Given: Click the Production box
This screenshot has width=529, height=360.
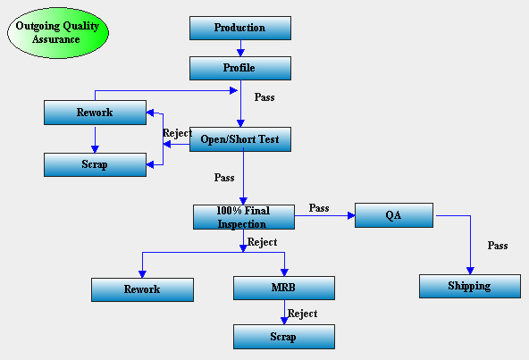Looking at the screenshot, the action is pos(240,28).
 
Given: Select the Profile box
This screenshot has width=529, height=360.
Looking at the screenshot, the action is pos(240,68).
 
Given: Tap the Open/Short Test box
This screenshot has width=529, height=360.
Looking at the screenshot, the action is pos(240,139).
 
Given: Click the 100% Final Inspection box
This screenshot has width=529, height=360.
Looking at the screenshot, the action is pos(244,217).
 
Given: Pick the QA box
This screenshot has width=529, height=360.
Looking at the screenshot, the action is pos(394,215).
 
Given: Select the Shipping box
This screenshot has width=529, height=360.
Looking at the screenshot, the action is pos(470,286).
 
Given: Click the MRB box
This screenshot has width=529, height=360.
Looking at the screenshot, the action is pos(284,288).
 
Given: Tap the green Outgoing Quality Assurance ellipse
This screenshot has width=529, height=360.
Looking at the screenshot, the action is pos(58,33).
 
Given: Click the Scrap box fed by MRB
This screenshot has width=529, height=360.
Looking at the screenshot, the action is pos(284,337).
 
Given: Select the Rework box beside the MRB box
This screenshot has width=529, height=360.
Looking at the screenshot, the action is pos(142,289).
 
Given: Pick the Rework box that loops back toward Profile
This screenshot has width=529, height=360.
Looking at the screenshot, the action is pos(95,113).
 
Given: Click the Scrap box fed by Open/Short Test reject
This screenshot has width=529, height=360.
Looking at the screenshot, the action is pos(95,164).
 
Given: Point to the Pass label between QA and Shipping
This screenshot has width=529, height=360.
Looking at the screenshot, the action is pos(498,246).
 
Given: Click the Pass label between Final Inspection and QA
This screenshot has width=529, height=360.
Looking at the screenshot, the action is pos(319,208).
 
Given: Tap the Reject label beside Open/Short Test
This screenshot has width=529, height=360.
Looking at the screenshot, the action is pos(178,133).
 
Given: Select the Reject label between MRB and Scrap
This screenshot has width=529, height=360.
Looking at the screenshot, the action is pos(302,314).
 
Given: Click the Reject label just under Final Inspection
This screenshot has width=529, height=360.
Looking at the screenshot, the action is pos(262,242).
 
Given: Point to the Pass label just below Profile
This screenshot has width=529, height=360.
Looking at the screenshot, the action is pos(264,97).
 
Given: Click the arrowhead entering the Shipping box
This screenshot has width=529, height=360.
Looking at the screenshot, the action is pos(470,271).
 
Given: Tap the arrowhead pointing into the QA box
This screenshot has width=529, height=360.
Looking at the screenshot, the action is pos(351,215).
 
